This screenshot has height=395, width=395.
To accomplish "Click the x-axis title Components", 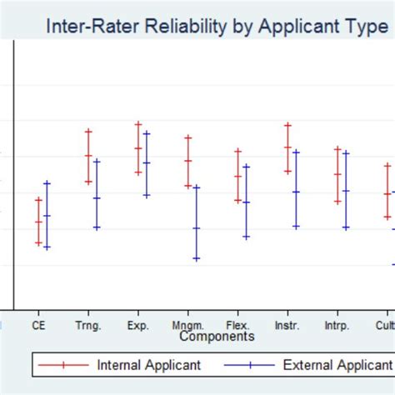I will (216, 337).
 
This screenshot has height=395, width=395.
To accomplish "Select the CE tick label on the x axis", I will (38, 326).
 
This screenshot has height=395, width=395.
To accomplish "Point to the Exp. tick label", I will (138, 326).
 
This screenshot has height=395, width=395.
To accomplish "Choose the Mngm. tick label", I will (187, 326).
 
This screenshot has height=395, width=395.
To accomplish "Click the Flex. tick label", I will (237, 326).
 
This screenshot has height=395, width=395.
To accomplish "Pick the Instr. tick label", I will (287, 326).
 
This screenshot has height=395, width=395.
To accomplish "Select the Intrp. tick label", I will (337, 326).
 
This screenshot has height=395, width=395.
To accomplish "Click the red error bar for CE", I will (38, 221).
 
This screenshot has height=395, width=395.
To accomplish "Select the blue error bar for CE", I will (47, 215).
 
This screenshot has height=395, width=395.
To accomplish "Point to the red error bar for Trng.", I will (88, 156).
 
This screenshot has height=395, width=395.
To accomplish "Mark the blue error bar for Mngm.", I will (196, 222).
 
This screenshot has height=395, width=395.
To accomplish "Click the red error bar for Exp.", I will (138, 147).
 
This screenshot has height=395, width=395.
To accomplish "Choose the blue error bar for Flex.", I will (246, 201).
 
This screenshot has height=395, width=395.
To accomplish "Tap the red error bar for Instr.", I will (287, 147).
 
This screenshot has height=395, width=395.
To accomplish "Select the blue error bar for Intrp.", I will (345, 190).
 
